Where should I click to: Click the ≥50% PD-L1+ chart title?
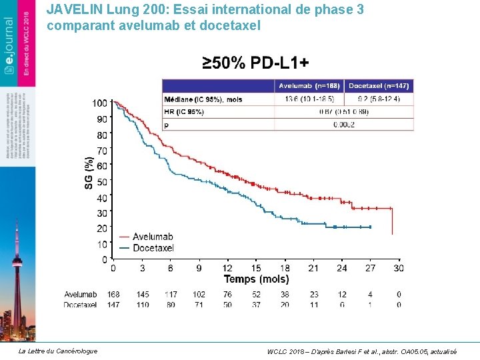click(255, 64)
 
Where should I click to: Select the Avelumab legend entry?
click(152, 237)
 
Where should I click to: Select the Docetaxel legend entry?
click(153, 248)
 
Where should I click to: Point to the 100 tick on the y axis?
click(99, 103)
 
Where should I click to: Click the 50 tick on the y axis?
click(101, 181)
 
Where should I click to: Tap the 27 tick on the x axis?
click(371, 268)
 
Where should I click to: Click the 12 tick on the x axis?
click(227, 268)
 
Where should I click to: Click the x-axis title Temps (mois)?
click(256, 279)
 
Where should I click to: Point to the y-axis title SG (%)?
click(89, 172)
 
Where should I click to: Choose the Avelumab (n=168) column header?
click(309, 86)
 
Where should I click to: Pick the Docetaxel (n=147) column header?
click(379, 86)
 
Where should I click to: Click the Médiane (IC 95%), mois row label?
click(203, 99)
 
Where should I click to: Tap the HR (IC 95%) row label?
click(184, 112)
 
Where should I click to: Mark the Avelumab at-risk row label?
click(81, 295)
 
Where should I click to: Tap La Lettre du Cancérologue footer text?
click(57, 351)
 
